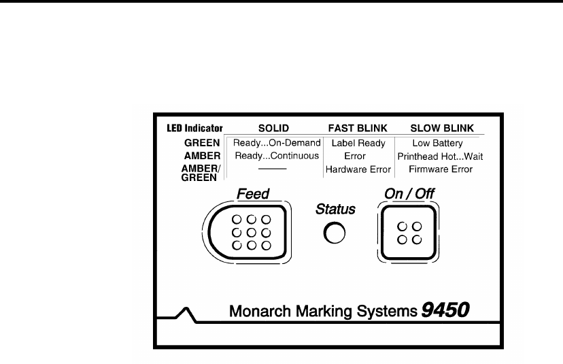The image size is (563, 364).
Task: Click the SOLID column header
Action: click(274, 129)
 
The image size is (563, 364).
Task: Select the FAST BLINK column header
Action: click(358, 129)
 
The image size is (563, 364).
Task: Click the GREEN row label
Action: click(203, 144)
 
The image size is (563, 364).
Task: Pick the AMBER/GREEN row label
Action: click(203, 173)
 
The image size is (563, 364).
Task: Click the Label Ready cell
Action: click(358, 144)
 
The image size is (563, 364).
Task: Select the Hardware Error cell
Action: click(358, 169)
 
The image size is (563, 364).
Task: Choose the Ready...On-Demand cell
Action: click(276, 144)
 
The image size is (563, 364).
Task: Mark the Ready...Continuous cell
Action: click(276, 156)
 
